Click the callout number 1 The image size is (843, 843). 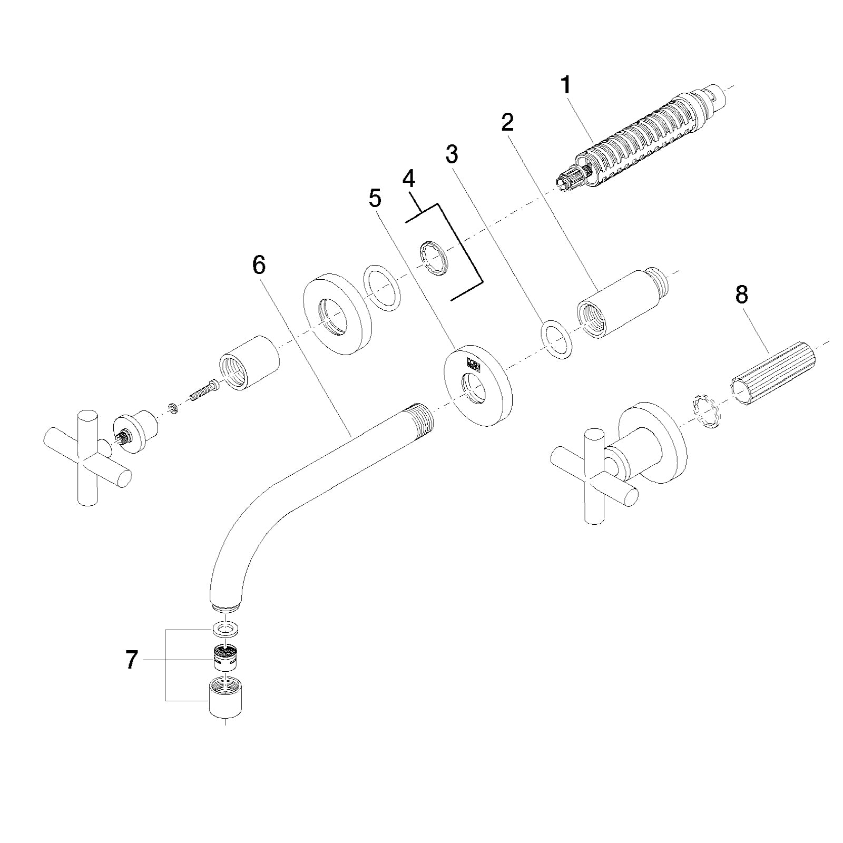pos(566,85)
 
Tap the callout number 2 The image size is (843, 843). pos(507,122)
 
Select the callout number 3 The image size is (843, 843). pos(452,154)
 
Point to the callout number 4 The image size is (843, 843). pos(408,179)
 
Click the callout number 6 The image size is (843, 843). pos(259,266)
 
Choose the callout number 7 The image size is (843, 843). pos(132,660)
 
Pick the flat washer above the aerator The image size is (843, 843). pos(225,629)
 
